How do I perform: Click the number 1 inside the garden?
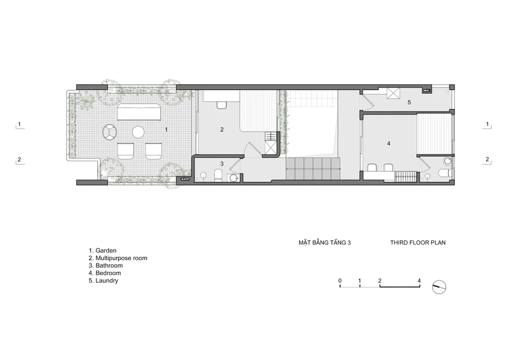tap(166, 129)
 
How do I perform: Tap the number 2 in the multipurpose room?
tap(222, 129)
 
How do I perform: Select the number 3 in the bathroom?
tap(222, 163)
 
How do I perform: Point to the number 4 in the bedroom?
tap(388, 143)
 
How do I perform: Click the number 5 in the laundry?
tap(409, 102)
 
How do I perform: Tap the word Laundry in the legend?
tap(107, 281)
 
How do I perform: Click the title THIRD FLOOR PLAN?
tap(418, 242)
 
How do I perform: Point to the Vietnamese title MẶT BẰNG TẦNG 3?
tap(325, 242)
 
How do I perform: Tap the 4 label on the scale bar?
tap(419, 281)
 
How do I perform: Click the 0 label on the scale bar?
tap(340, 281)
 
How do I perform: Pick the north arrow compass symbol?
tap(439, 287)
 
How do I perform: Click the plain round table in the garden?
tap(138, 132)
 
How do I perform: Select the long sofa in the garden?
tap(139, 112)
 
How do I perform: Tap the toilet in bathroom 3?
tap(218, 175)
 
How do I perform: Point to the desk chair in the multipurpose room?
tap(221, 105)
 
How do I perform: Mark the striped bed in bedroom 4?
tap(434, 134)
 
